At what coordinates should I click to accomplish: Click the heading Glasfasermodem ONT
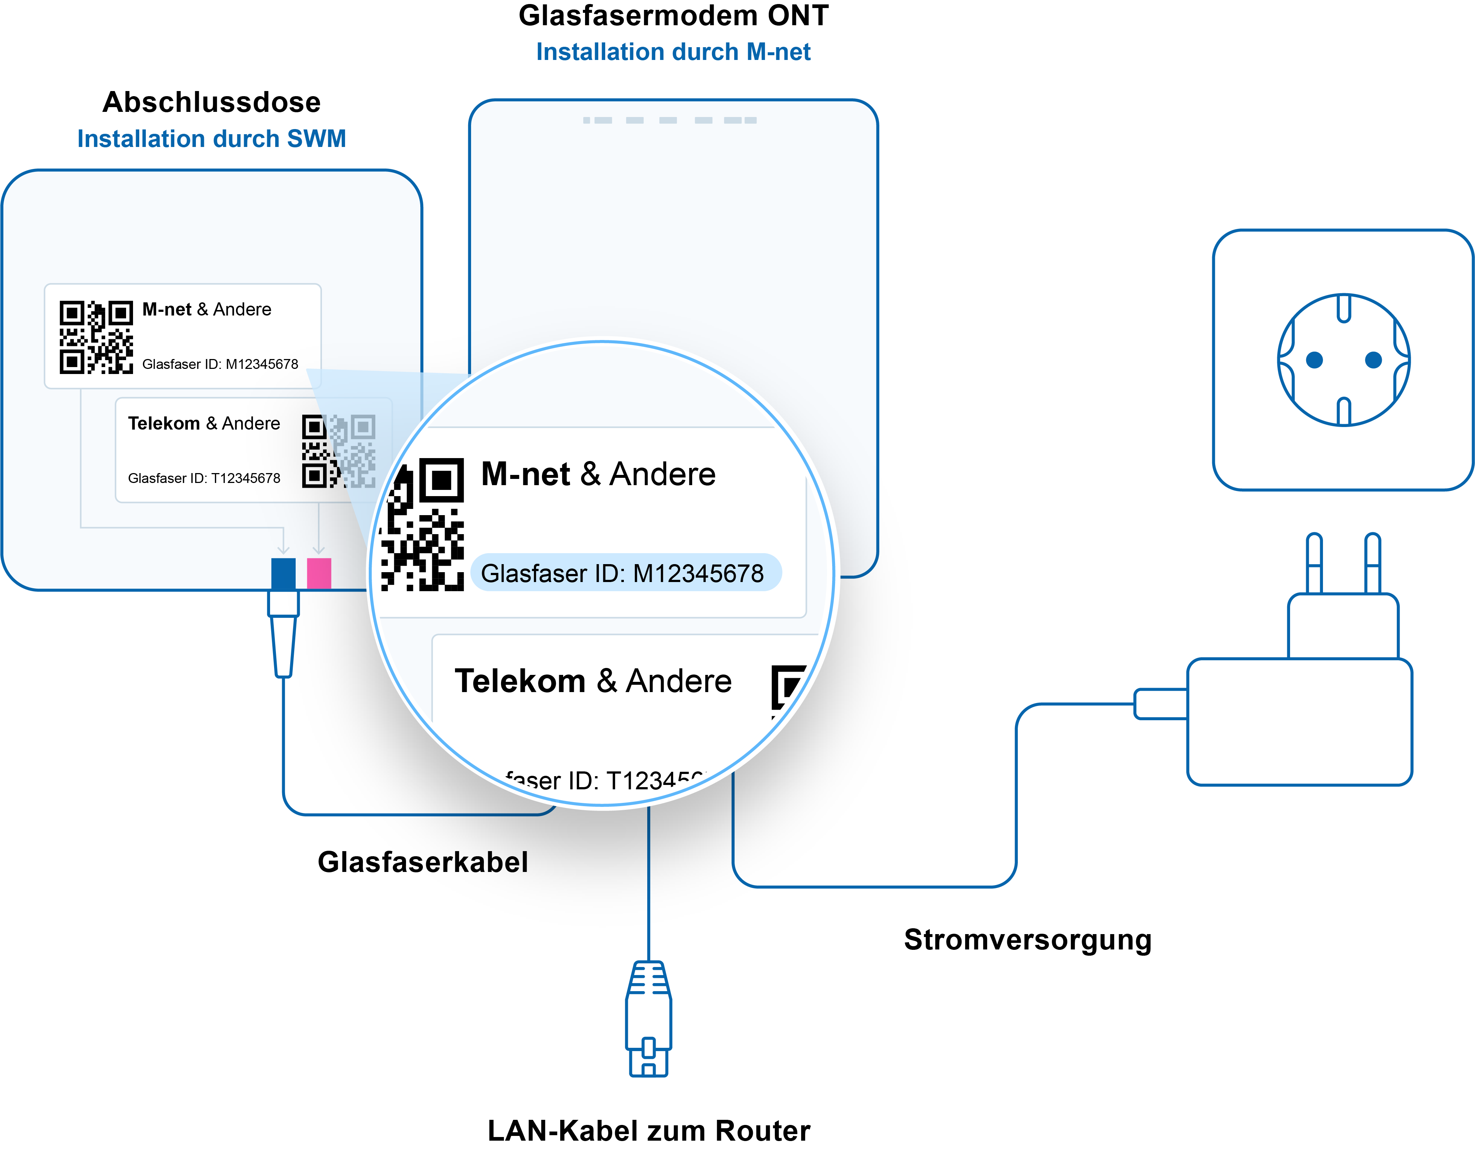click(673, 16)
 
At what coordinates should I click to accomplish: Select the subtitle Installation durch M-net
click(673, 52)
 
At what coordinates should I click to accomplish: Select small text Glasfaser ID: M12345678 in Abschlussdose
click(220, 364)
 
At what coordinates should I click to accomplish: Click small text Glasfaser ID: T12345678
click(204, 478)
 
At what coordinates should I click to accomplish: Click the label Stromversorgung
click(1027, 940)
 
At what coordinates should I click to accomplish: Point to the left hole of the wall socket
click(1314, 360)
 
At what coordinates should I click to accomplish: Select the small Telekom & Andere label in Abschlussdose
click(204, 424)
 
